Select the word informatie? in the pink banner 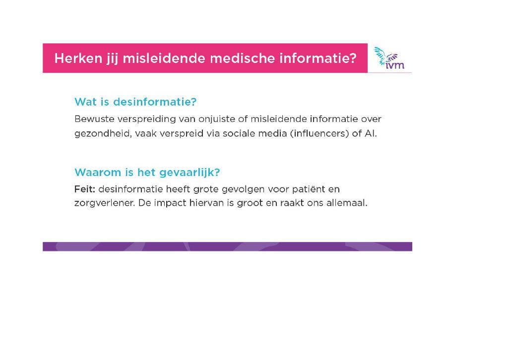tap(318, 59)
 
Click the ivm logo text tap(395, 65)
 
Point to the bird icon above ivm tap(385, 55)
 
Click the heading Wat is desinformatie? tap(135, 102)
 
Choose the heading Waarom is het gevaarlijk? tap(147, 172)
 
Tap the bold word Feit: tap(85, 189)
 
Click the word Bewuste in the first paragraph tap(94, 119)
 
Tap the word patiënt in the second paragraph tap(310, 189)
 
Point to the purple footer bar tap(227, 246)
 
